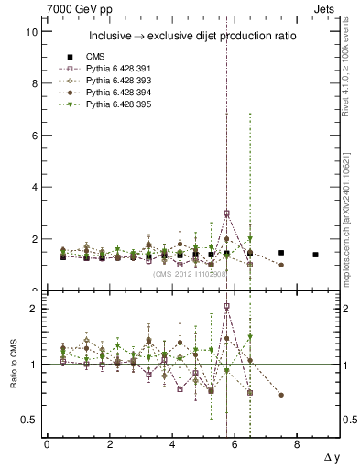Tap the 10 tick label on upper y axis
pos(31,32)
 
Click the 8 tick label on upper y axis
pos(34,83)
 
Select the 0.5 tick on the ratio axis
pos(28,420)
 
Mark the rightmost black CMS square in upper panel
pos(315,255)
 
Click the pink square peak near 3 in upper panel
pos(226,213)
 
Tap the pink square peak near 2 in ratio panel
pos(226,307)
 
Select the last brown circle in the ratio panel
pos(281,395)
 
